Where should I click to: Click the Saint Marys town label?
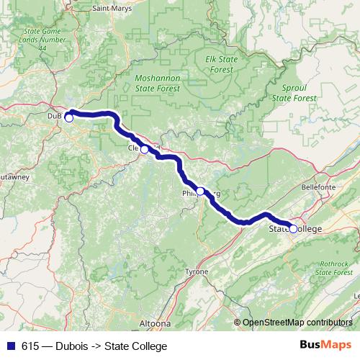click(112, 9)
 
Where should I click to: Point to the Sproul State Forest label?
click(294, 91)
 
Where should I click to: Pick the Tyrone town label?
click(197, 271)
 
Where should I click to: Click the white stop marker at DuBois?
click(69, 118)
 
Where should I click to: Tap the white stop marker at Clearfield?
click(145, 149)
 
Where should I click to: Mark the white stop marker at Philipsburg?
click(201, 191)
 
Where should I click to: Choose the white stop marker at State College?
click(293, 229)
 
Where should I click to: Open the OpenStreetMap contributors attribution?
click(297, 322)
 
